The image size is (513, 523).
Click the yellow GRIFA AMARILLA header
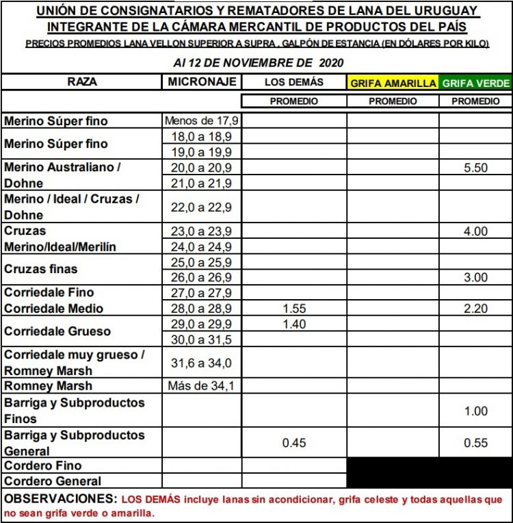[393, 83]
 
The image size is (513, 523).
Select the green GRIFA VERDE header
[476, 83]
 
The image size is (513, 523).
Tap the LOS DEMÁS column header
[294, 82]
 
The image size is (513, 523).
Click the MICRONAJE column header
[202, 81]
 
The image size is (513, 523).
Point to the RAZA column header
[82, 81]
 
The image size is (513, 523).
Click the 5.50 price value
[475, 168]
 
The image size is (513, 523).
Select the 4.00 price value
[475, 231]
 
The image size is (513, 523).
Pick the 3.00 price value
[475, 277]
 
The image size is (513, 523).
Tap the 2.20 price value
[475, 309]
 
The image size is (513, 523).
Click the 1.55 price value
[294, 309]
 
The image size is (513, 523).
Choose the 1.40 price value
[294, 324]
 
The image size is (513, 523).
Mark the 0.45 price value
[294, 443]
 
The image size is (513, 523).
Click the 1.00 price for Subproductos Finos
[475, 411]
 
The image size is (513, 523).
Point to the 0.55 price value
[475, 443]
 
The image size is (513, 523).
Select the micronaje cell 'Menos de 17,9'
[202, 121]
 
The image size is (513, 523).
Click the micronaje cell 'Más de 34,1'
[202, 386]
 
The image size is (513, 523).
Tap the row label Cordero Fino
[43, 466]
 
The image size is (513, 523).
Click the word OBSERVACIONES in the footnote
[61, 500]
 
